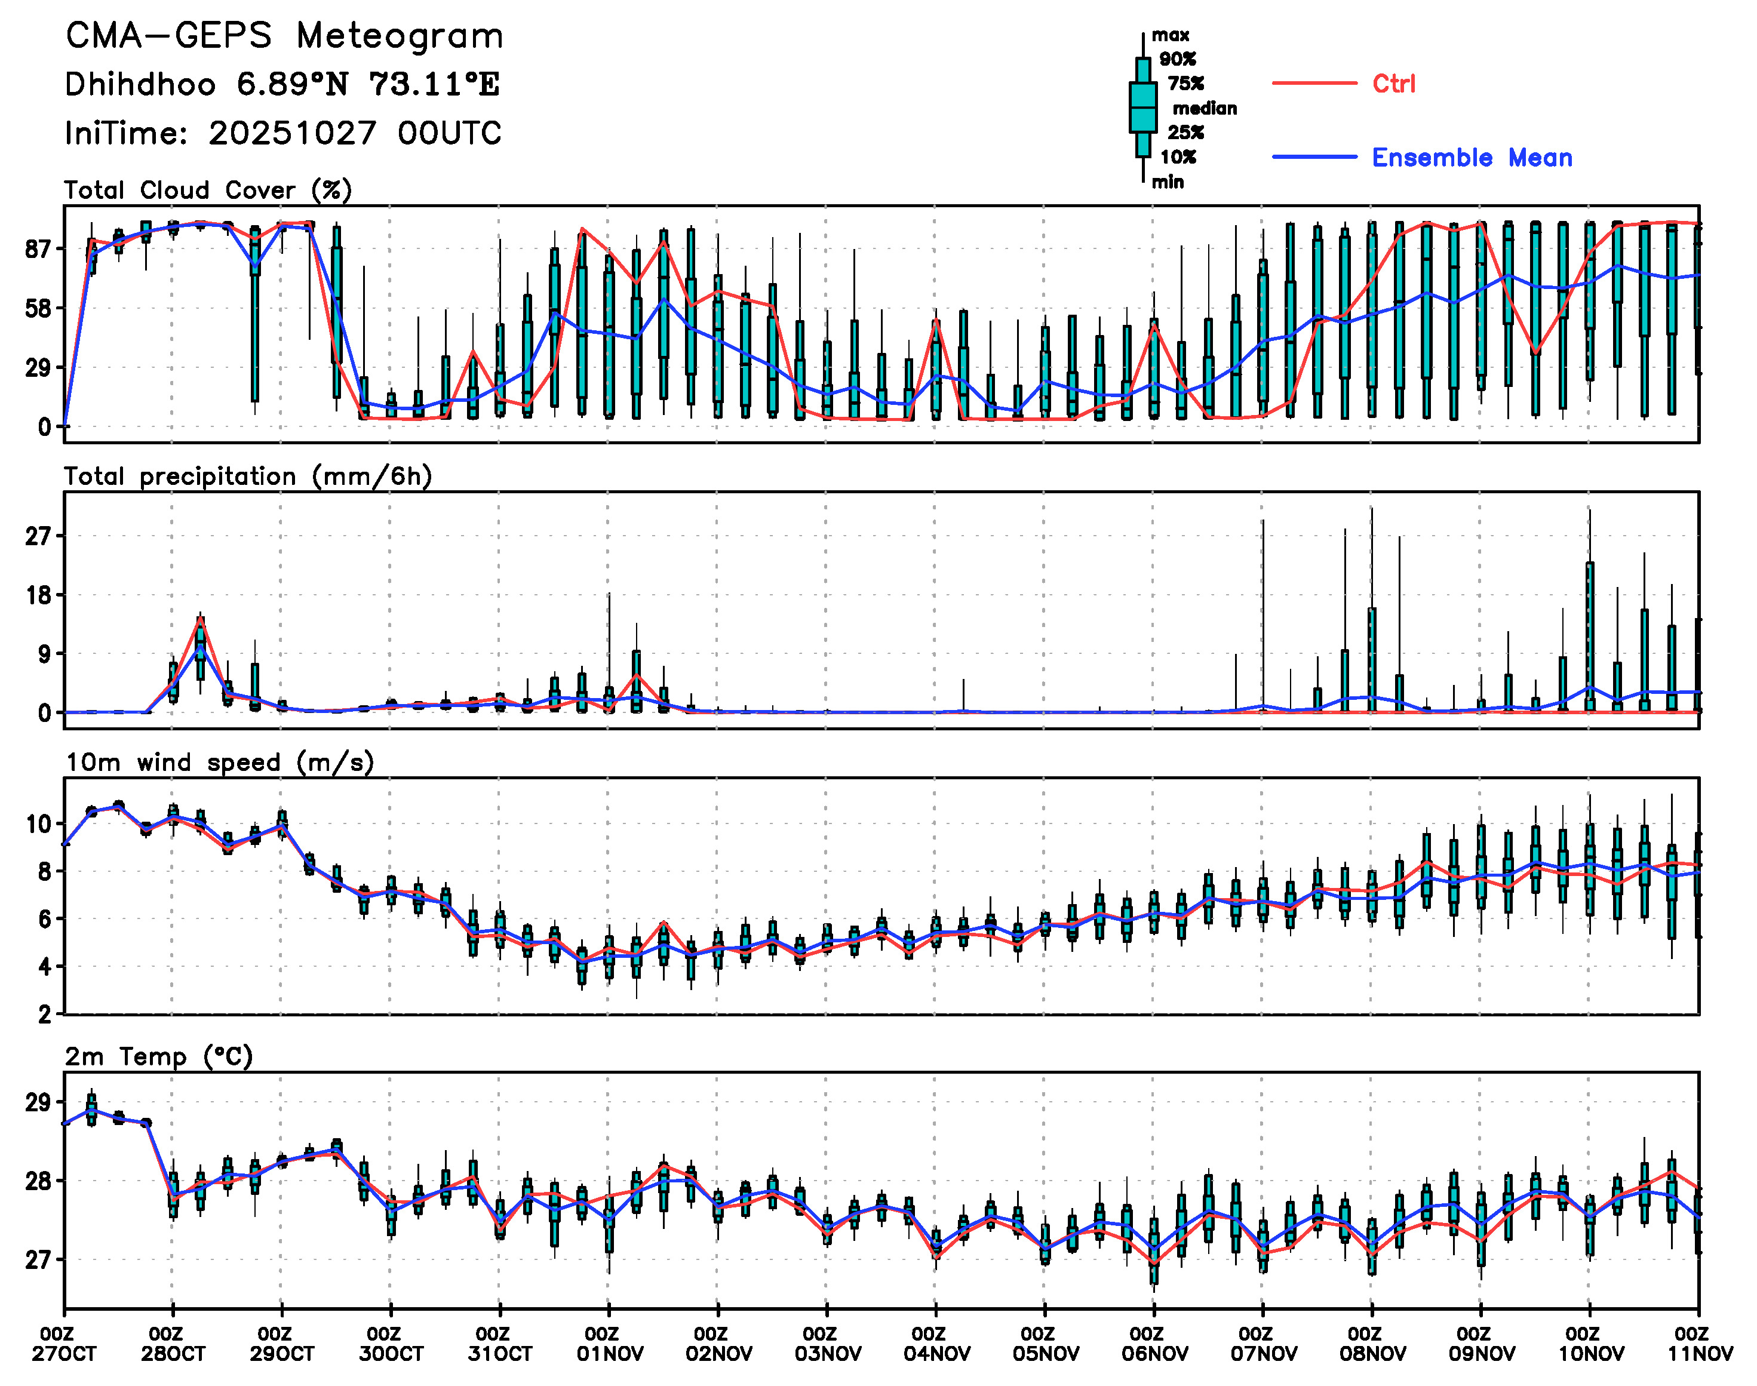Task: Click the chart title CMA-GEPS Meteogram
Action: (x=284, y=36)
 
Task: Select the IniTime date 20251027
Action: (x=292, y=134)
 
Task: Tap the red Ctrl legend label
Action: (x=1393, y=84)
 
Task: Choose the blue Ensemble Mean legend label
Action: (x=1472, y=158)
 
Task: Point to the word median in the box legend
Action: (x=1205, y=108)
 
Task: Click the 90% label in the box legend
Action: (x=1177, y=59)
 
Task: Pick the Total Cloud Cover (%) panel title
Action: (x=208, y=190)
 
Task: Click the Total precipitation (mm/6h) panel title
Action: (x=247, y=477)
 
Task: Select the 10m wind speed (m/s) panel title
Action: (x=219, y=763)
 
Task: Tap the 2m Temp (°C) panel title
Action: (x=159, y=1056)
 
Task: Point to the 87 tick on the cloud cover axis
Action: (x=38, y=249)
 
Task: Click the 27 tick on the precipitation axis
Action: (x=38, y=536)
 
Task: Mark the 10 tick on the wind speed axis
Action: (x=38, y=825)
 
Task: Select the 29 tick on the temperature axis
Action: (x=38, y=1103)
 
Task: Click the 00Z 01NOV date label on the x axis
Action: (x=610, y=1344)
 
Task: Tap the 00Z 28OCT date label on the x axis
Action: (x=173, y=1344)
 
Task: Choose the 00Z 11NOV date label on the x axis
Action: (x=1700, y=1344)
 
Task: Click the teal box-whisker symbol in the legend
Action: (x=1142, y=107)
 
